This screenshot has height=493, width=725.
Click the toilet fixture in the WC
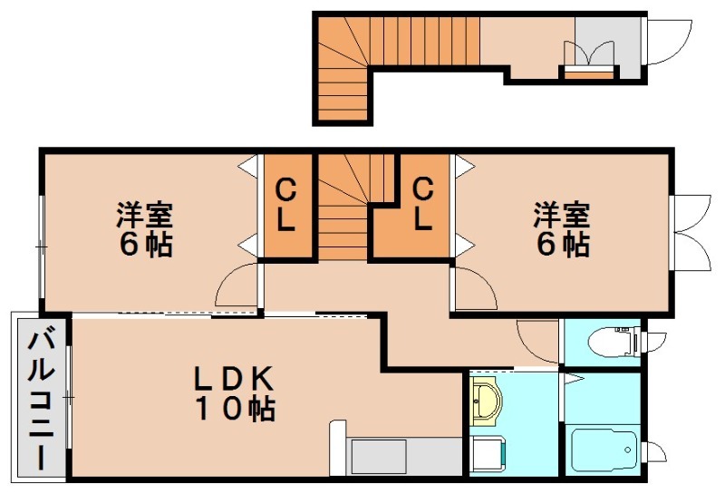tap(614, 342)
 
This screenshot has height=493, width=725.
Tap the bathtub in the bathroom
tap(604, 450)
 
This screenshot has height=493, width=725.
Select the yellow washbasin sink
tap(485, 400)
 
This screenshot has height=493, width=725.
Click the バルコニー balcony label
tap(41, 397)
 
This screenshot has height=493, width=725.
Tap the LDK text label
tap(234, 380)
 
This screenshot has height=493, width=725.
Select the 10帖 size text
tap(235, 409)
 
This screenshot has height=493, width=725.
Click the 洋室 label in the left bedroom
tap(145, 215)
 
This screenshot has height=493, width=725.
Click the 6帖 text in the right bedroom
tap(563, 244)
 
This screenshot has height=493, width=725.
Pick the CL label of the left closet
tap(286, 205)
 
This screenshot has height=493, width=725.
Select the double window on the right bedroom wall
tap(691, 233)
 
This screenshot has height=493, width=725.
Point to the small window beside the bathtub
tap(653, 451)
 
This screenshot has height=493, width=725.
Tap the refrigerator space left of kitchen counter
tap(337, 448)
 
